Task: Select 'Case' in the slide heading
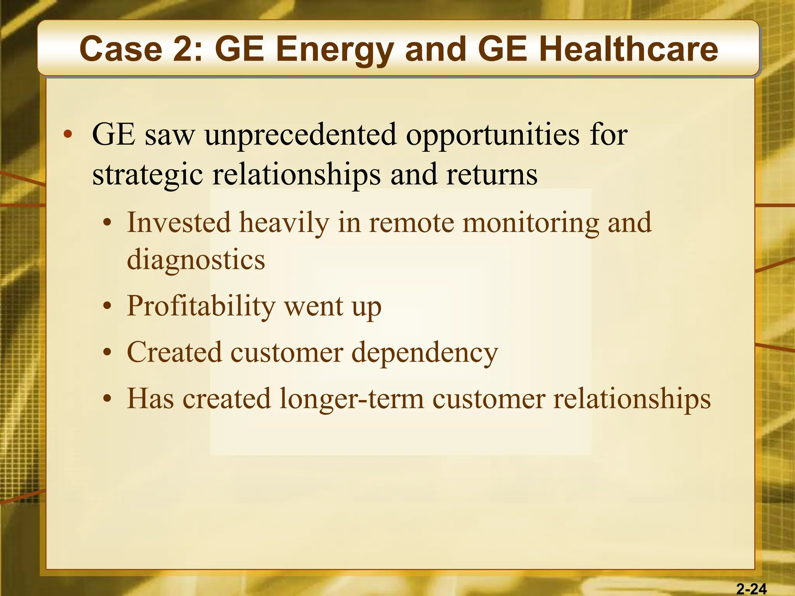pyautogui.click(x=120, y=49)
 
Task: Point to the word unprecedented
pyautogui.click(x=301, y=135)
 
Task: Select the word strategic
pyautogui.click(x=148, y=175)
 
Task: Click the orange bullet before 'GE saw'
pyautogui.click(x=68, y=135)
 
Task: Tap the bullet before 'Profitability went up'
pyautogui.click(x=107, y=307)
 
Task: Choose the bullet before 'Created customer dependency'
pyautogui.click(x=107, y=353)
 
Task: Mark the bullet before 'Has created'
pyautogui.click(x=107, y=399)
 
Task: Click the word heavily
pyautogui.click(x=284, y=223)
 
